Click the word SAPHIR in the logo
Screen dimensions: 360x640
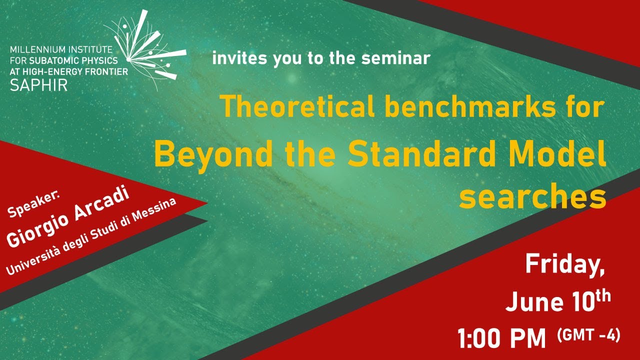click(x=38, y=84)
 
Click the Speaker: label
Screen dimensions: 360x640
click(x=33, y=204)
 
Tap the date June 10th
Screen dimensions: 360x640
click(x=558, y=301)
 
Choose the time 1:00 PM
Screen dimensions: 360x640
click(x=502, y=338)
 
